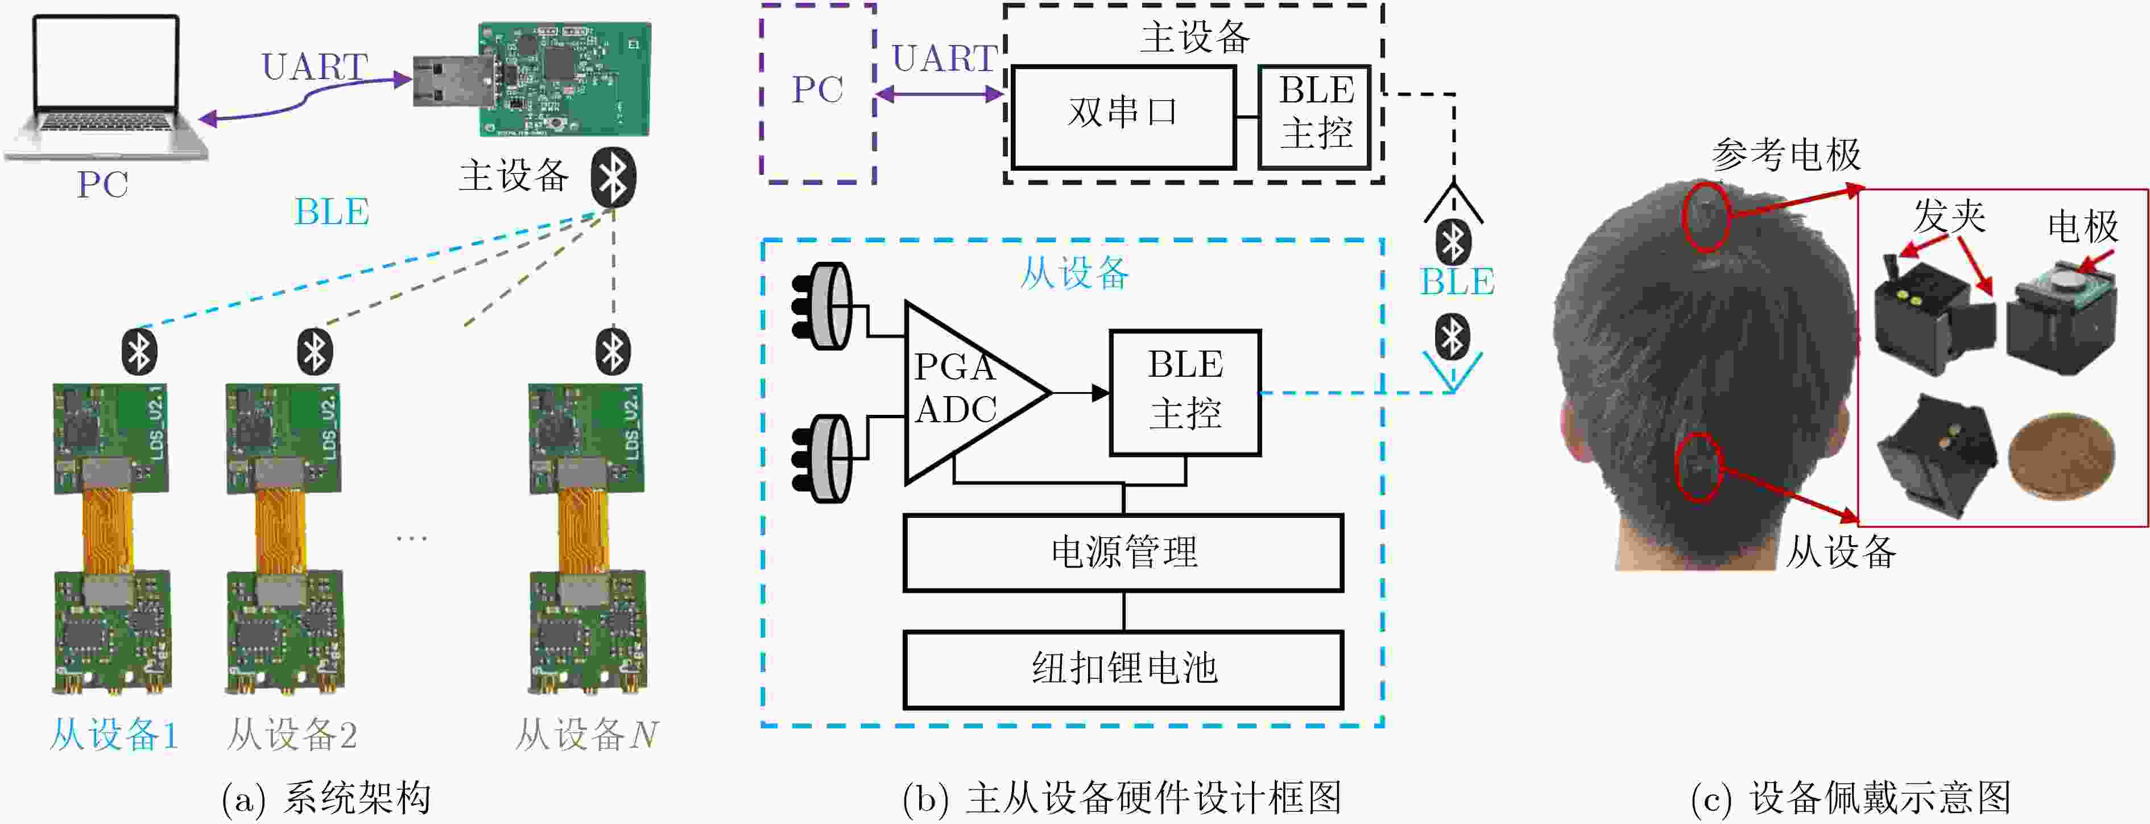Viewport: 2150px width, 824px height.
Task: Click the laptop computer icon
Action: point(106,88)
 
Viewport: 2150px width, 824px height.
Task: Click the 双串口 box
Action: point(1123,116)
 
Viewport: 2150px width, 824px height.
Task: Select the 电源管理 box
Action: point(1123,553)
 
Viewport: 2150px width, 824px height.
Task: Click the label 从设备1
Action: point(114,735)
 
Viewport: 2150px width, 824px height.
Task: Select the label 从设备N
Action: point(587,735)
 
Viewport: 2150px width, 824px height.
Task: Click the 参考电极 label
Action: point(1786,154)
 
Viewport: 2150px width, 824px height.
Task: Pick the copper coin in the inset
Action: point(2061,456)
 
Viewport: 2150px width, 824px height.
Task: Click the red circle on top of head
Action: point(1705,216)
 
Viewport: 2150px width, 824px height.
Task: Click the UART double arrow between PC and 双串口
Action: point(940,94)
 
